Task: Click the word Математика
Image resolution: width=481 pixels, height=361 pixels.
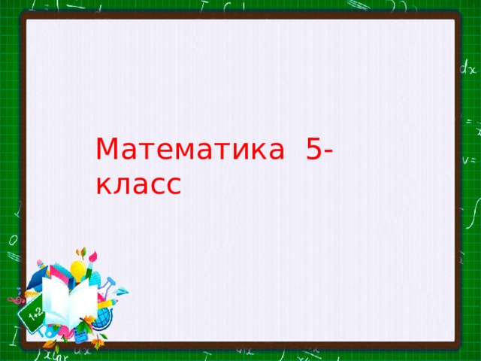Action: (191, 150)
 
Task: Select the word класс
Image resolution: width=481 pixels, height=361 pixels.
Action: (138, 183)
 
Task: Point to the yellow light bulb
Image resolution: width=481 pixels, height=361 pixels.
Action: (77, 269)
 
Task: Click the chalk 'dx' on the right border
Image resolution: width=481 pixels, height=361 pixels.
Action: (467, 69)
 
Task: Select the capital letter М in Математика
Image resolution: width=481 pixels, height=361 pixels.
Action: (108, 150)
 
